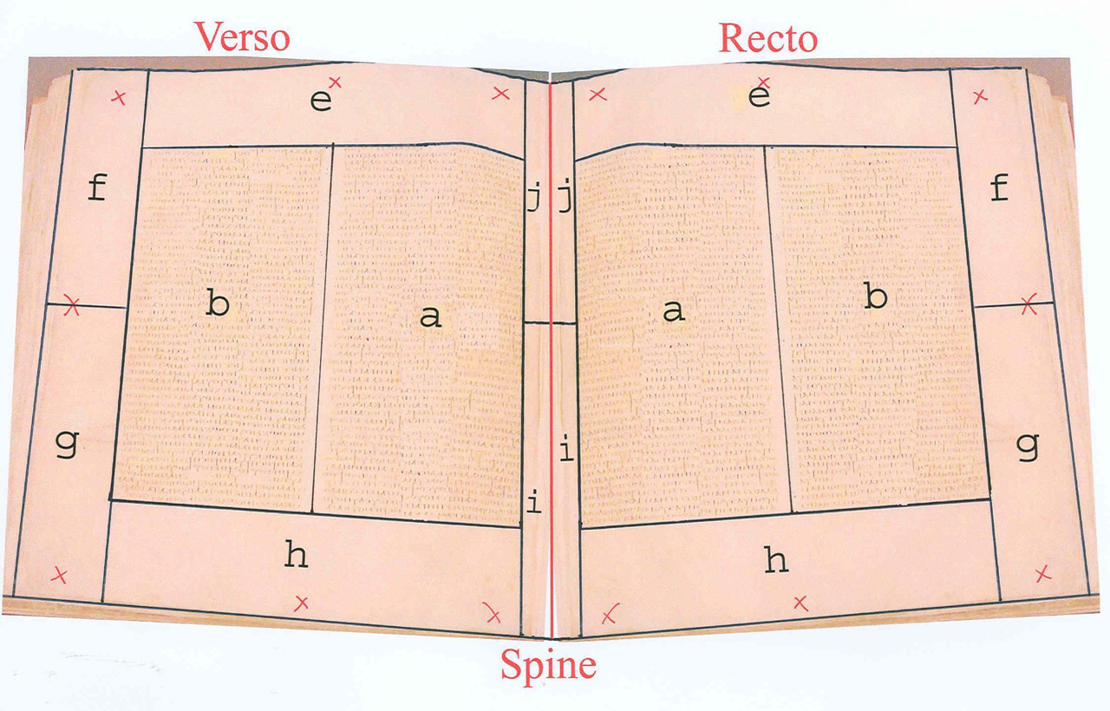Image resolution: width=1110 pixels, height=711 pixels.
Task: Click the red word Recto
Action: coord(767,38)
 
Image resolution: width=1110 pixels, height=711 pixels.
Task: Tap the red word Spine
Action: coord(547,666)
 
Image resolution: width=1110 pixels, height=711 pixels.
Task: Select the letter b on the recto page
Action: coord(876,297)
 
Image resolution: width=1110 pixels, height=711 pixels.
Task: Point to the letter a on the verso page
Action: coord(430,317)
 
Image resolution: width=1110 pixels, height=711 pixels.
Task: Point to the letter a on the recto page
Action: coord(673,312)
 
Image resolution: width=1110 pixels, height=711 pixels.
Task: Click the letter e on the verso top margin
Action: coord(320,101)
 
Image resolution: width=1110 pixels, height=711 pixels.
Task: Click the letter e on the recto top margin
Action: coord(759,97)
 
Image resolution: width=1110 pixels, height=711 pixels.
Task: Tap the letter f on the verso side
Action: coord(97,186)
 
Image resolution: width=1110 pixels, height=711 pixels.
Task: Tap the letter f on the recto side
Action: coord(1000,186)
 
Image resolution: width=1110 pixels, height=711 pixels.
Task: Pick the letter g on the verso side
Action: coord(66,445)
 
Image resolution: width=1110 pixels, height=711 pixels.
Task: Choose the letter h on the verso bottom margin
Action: coord(297,555)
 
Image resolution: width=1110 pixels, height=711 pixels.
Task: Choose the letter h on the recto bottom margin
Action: coord(776,560)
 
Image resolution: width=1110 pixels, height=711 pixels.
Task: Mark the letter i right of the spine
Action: coord(565,450)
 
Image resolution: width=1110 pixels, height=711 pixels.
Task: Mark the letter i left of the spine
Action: coord(534,503)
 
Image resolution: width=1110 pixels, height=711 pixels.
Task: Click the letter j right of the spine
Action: coord(565,201)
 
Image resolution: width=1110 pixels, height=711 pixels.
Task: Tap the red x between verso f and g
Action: coord(73,306)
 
